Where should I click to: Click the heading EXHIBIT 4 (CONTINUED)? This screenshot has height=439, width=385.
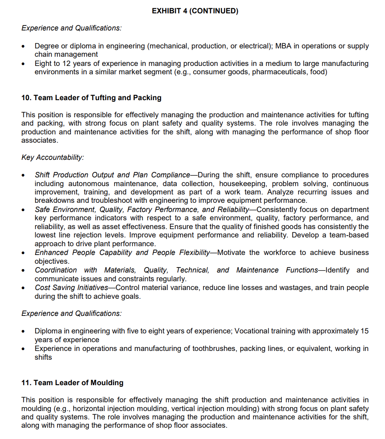[x=195, y=11]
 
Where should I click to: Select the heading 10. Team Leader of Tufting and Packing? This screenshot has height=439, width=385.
[x=91, y=98]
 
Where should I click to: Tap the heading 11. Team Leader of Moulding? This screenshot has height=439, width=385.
[x=72, y=383]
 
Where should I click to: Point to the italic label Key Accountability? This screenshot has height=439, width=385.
[x=53, y=157]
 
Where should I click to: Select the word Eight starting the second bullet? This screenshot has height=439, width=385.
[x=43, y=63]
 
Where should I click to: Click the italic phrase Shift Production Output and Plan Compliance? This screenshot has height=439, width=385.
[x=112, y=175]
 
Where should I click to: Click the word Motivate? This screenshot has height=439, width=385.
[x=231, y=252]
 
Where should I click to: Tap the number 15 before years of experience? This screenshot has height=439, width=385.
[x=364, y=331]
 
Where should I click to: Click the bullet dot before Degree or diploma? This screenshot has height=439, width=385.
[x=25, y=46]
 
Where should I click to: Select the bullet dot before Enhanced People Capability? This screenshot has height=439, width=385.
[x=25, y=253]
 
